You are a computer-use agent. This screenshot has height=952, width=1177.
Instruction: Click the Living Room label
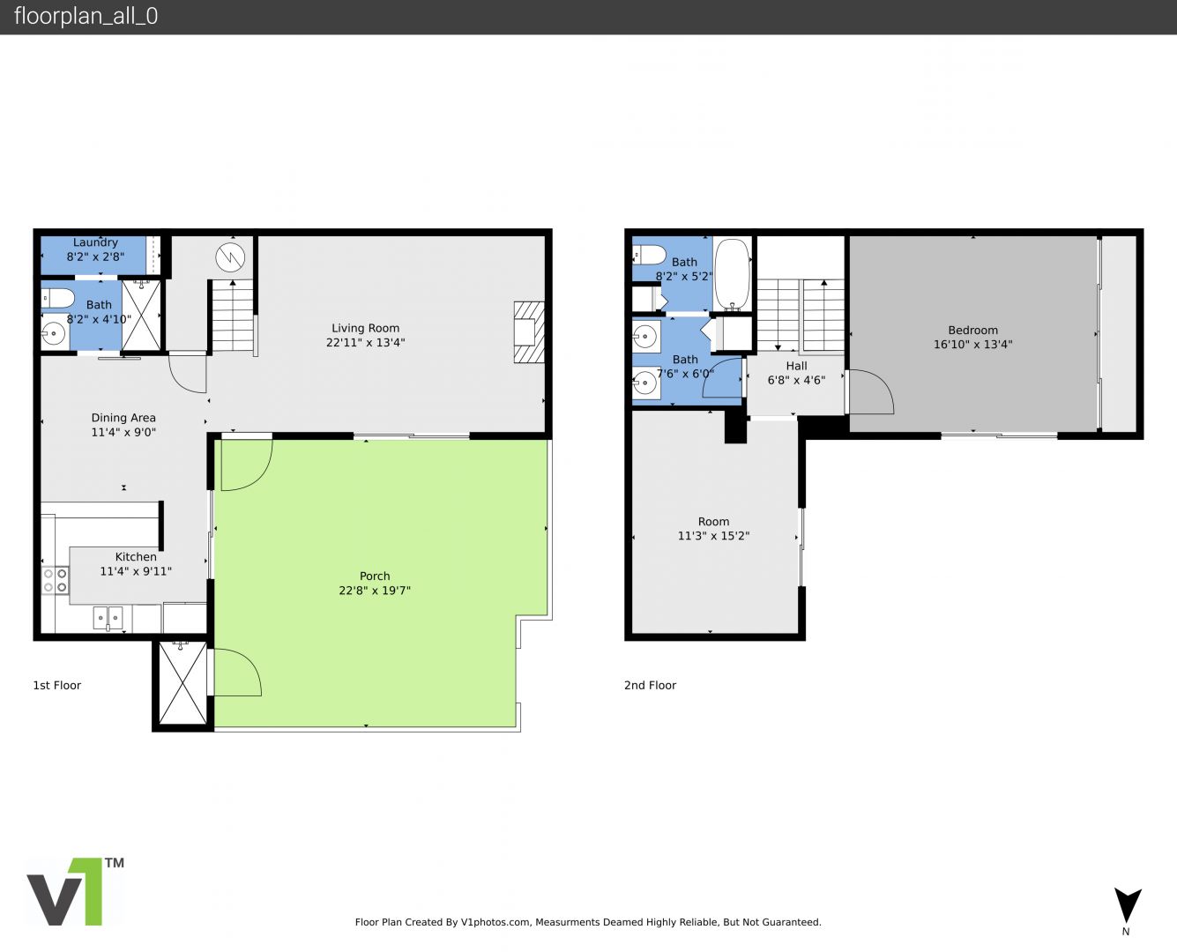point(365,328)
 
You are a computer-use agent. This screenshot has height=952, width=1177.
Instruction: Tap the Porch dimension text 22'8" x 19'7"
point(375,590)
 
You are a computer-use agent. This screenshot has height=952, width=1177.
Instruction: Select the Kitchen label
point(136,557)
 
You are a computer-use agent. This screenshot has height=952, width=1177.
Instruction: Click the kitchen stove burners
point(56,581)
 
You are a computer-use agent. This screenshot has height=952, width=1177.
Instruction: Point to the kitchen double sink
point(108,617)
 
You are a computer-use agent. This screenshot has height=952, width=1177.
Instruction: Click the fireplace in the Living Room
point(529,332)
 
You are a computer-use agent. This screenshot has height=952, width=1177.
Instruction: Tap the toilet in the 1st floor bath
point(57,298)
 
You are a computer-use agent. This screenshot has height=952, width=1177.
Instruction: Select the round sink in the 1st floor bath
point(54,333)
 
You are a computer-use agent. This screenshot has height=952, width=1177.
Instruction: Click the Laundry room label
point(95,242)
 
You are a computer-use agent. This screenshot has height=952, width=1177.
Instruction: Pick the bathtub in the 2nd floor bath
point(732,275)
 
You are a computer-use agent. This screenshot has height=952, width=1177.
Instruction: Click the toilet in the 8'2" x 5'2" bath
point(649,256)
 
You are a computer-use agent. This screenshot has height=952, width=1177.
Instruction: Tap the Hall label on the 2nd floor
point(796,366)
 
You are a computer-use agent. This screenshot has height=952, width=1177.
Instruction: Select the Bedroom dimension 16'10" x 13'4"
point(973,345)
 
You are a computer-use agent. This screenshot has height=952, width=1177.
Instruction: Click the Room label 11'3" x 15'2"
point(713,522)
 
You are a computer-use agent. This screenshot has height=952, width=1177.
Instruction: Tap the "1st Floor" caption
point(57,685)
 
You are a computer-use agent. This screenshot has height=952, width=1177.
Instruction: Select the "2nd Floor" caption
point(650,685)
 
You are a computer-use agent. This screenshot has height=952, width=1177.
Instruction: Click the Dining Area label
point(123,418)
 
